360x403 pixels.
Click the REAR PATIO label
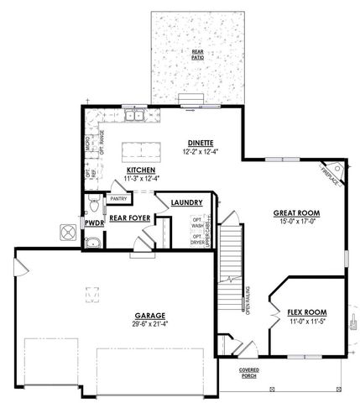197,55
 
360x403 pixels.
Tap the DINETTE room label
200,143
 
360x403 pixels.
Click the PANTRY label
117,199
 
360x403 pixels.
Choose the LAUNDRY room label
185,203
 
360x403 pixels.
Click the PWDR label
92,222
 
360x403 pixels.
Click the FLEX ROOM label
305,310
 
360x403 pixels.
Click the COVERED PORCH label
248,372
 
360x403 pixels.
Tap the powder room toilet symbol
94,204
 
